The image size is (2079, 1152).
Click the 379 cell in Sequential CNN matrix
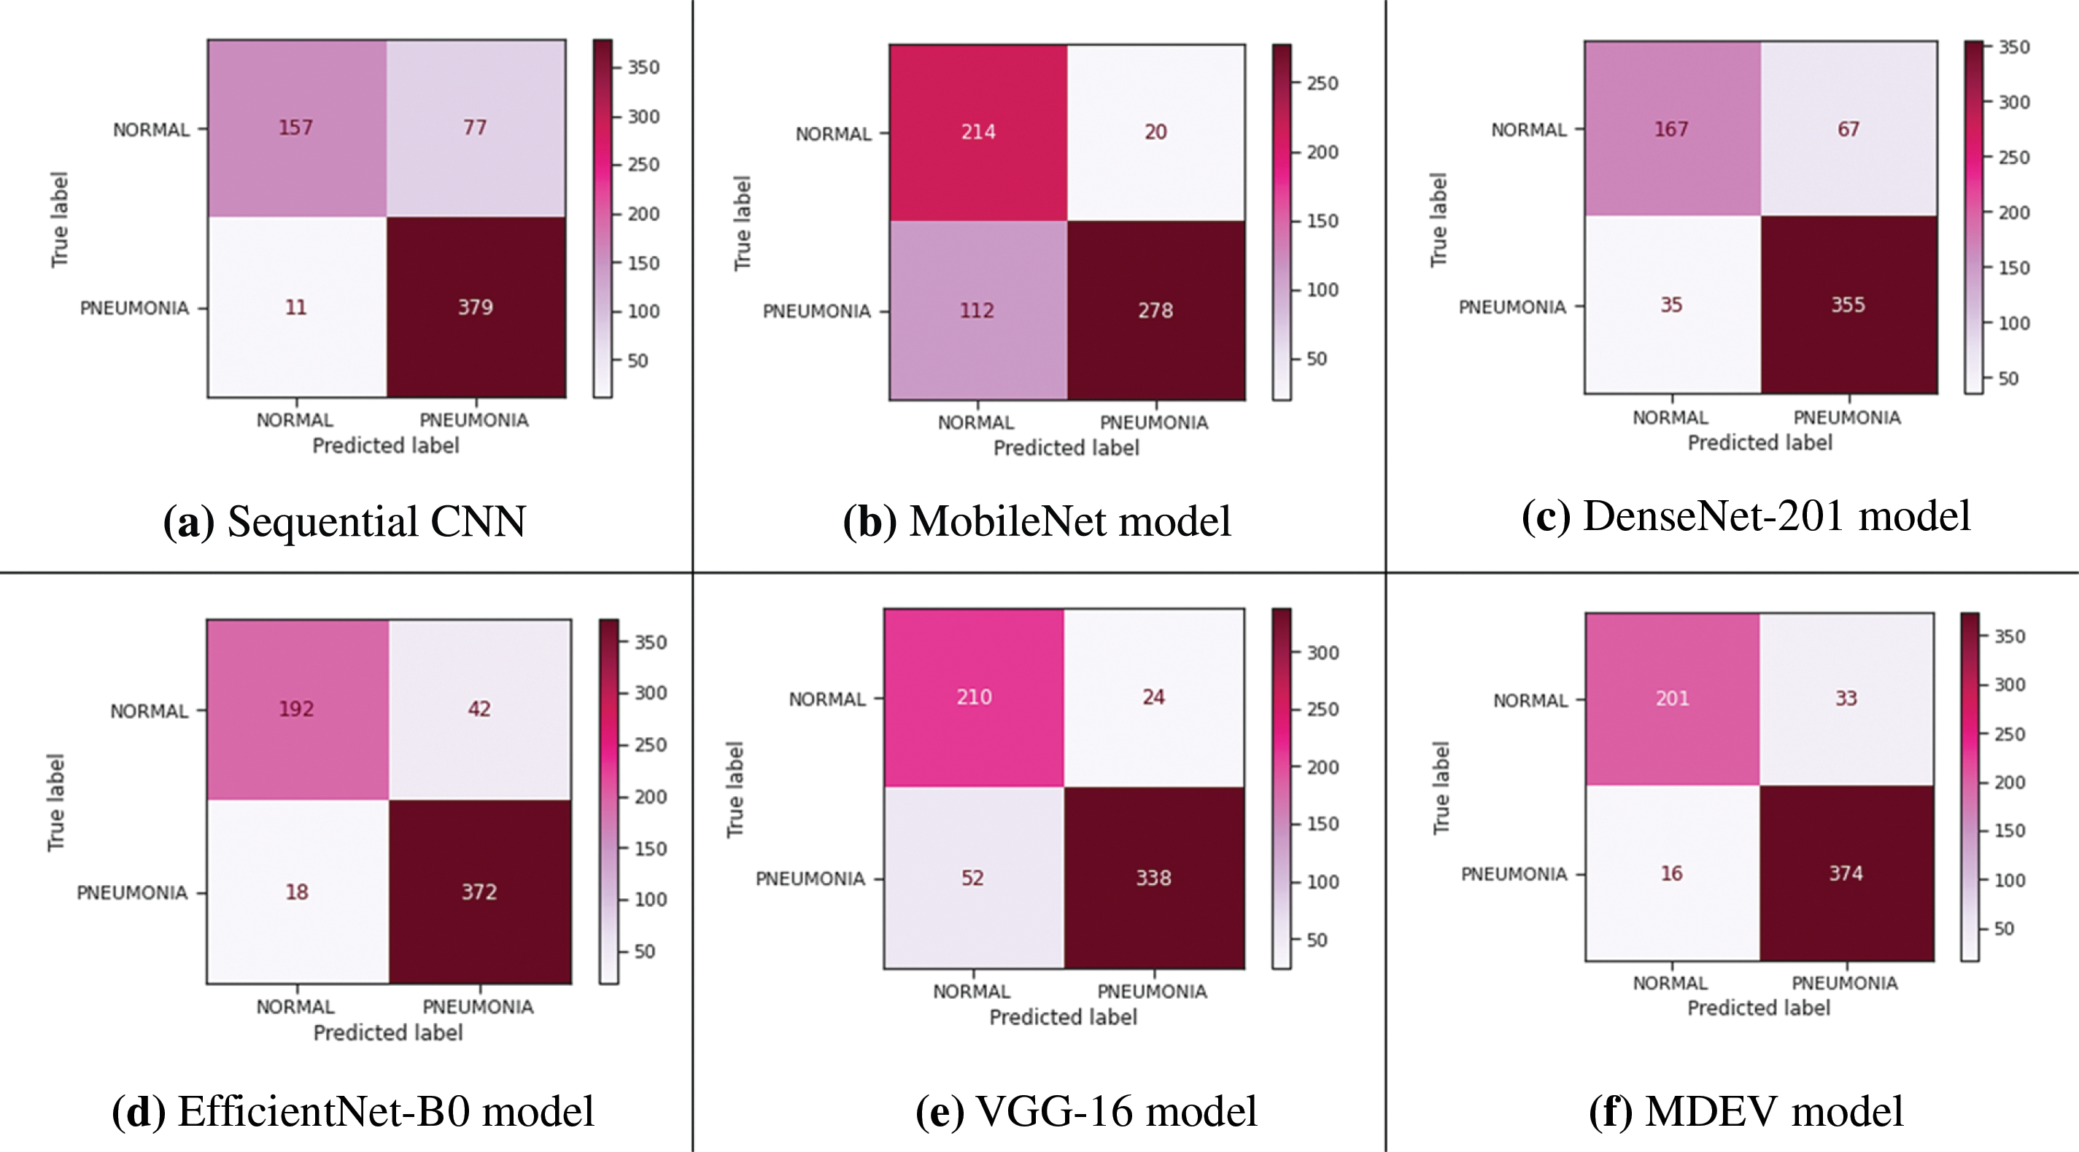pos(476,308)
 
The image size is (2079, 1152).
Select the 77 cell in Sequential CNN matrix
pos(476,128)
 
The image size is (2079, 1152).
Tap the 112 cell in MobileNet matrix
pos(977,311)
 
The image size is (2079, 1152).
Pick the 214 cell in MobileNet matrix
pos(977,131)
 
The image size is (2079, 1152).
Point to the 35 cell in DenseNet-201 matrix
pos(1671,305)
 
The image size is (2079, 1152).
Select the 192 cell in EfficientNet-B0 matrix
pos(296,709)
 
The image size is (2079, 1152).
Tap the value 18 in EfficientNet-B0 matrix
pos(296,892)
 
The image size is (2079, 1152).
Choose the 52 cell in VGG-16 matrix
pos(972,878)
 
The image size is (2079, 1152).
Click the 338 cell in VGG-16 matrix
pos(1153,878)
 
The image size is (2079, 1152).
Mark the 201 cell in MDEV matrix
pos(1672,698)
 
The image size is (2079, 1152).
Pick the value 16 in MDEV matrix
pos(1671,873)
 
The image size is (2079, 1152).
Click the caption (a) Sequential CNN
pos(344,521)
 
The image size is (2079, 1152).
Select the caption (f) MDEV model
pos(1746,1111)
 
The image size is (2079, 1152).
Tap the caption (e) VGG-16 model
pos(1085,1111)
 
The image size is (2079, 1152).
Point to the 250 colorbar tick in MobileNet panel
pos(1322,83)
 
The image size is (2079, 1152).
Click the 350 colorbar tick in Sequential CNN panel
pos(643,67)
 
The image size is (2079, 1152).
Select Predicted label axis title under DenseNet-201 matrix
pos(1759,443)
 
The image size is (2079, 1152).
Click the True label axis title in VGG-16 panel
pos(735,789)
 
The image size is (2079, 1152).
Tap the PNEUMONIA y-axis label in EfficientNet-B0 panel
pos(132,893)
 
